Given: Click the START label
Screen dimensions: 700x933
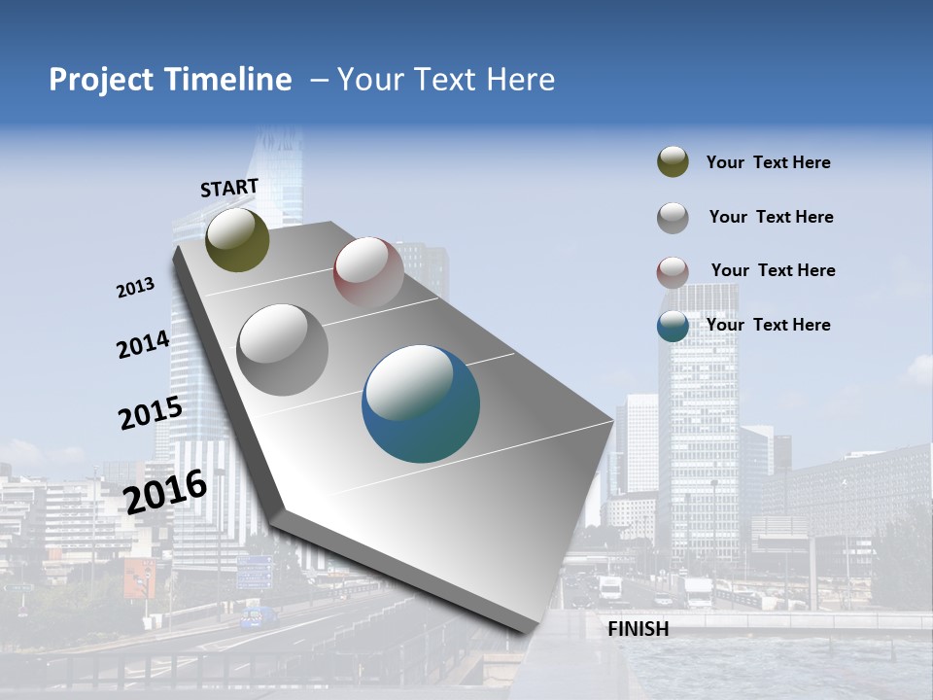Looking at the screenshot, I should [x=229, y=188].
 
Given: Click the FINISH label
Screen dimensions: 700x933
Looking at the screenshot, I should [x=638, y=629].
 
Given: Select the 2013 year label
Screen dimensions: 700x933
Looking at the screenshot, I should [x=135, y=288].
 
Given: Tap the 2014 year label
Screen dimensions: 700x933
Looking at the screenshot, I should [x=143, y=344].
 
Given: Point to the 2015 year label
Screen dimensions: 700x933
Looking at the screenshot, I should [x=150, y=413].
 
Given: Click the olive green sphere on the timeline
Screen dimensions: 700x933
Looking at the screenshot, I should [x=237, y=239].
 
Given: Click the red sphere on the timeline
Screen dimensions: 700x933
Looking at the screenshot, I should [x=368, y=271].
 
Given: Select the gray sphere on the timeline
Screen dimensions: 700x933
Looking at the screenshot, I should [x=282, y=349].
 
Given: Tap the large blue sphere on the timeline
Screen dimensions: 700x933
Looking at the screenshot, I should [x=421, y=403].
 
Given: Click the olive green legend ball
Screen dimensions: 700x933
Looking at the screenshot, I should [x=673, y=162].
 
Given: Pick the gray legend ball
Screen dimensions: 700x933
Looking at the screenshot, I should [x=673, y=218].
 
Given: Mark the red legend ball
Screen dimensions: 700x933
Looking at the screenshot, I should [x=673, y=272].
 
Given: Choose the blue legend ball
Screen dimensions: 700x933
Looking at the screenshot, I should [x=673, y=326].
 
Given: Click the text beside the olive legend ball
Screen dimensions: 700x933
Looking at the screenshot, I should [x=768, y=162].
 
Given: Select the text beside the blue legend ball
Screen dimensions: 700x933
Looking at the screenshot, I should [x=768, y=325].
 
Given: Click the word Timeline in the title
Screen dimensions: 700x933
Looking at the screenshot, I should [x=228, y=80].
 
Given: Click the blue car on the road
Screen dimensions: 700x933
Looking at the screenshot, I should [x=258, y=616].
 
